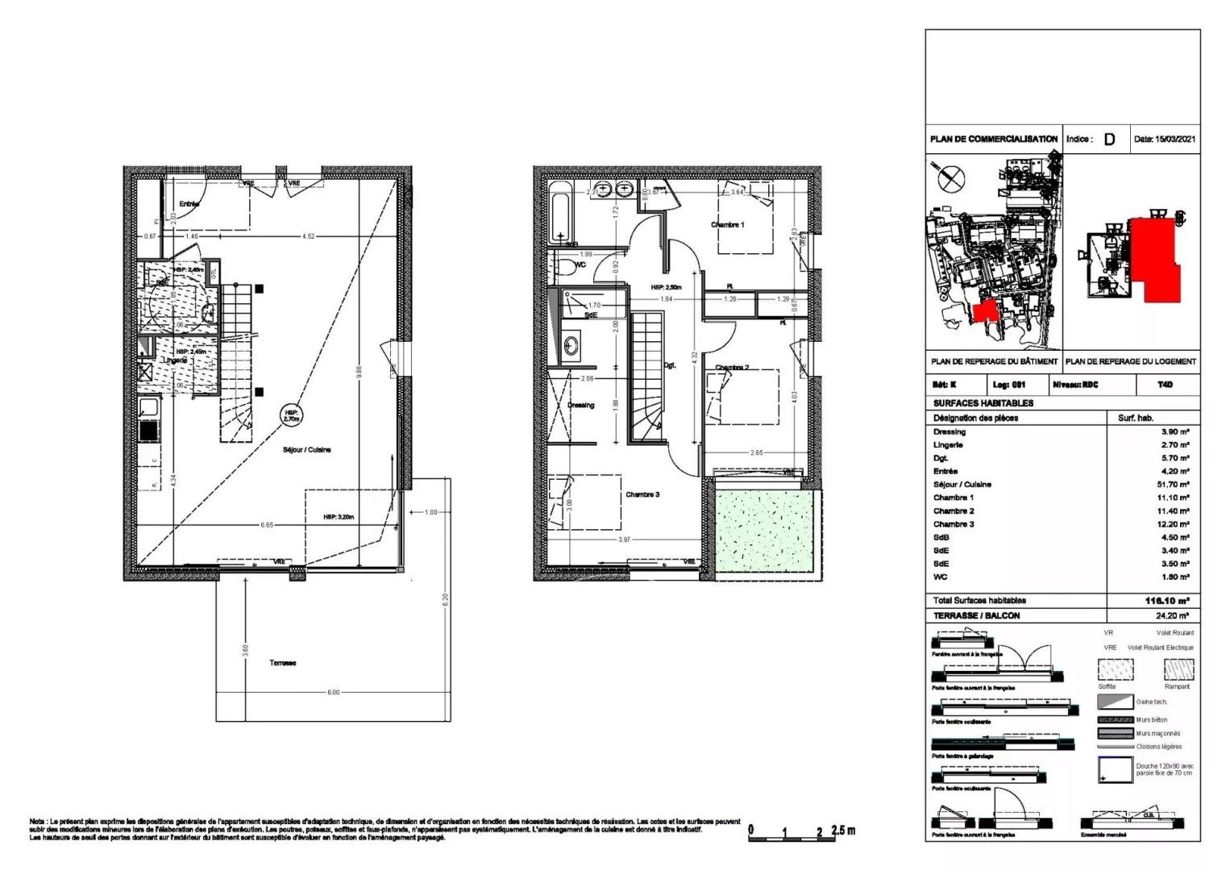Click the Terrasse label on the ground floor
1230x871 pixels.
(282, 663)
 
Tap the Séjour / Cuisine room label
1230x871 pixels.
(306, 449)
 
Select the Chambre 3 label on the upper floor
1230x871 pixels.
(642, 494)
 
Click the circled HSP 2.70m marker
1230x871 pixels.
(291, 415)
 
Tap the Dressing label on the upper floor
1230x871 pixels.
(580, 405)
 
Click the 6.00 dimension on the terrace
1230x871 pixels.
(333, 692)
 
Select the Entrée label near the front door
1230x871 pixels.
(189, 204)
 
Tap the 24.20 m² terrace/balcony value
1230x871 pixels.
(1174, 616)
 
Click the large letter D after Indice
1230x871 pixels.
(1110, 140)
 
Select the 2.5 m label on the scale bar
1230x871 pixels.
(843, 831)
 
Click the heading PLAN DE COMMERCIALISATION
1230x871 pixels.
(993, 140)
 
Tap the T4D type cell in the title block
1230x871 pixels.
(1166, 385)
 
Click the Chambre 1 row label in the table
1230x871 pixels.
(953, 498)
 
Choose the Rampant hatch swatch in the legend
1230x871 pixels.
(1178, 669)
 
